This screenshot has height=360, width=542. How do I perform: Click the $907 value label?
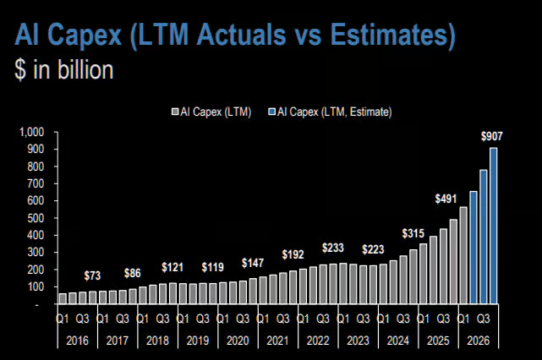(x=491, y=136)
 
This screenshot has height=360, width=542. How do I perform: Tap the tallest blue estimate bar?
(x=494, y=226)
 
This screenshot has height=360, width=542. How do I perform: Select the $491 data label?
(x=446, y=199)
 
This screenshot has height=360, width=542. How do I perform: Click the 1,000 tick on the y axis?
(x=32, y=132)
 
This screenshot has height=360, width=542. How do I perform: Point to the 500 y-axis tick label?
(x=36, y=218)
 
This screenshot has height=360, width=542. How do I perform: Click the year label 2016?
(x=78, y=341)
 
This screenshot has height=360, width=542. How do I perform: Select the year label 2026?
(x=479, y=341)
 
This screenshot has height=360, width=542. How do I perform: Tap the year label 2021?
(x=277, y=341)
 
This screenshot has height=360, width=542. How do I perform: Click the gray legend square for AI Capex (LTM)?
(x=175, y=112)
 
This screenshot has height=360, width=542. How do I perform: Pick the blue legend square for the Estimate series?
(x=272, y=112)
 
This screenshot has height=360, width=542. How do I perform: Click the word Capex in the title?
(x=85, y=35)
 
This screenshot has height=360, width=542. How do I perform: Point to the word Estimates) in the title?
(x=392, y=35)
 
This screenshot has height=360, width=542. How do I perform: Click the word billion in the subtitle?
(x=85, y=69)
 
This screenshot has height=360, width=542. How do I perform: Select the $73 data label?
(x=92, y=275)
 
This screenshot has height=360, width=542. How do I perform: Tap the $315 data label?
(x=413, y=233)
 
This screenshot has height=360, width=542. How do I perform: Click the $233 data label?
(x=333, y=248)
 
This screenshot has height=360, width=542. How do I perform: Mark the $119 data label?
(x=212, y=267)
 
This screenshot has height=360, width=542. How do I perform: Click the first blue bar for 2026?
(x=474, y=248)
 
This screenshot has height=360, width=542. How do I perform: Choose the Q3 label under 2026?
(x=484, y=319)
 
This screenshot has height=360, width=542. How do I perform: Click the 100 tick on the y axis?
(x=36, y=286)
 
